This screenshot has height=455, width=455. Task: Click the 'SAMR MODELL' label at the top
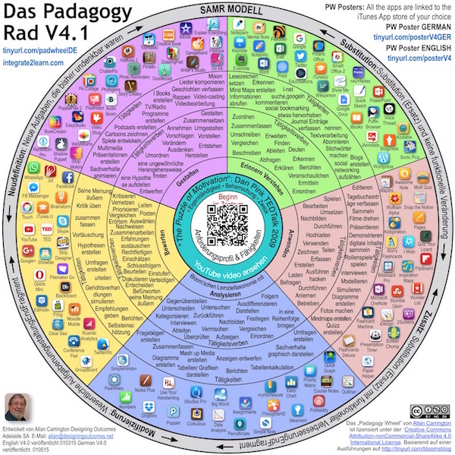pos(227,8)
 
